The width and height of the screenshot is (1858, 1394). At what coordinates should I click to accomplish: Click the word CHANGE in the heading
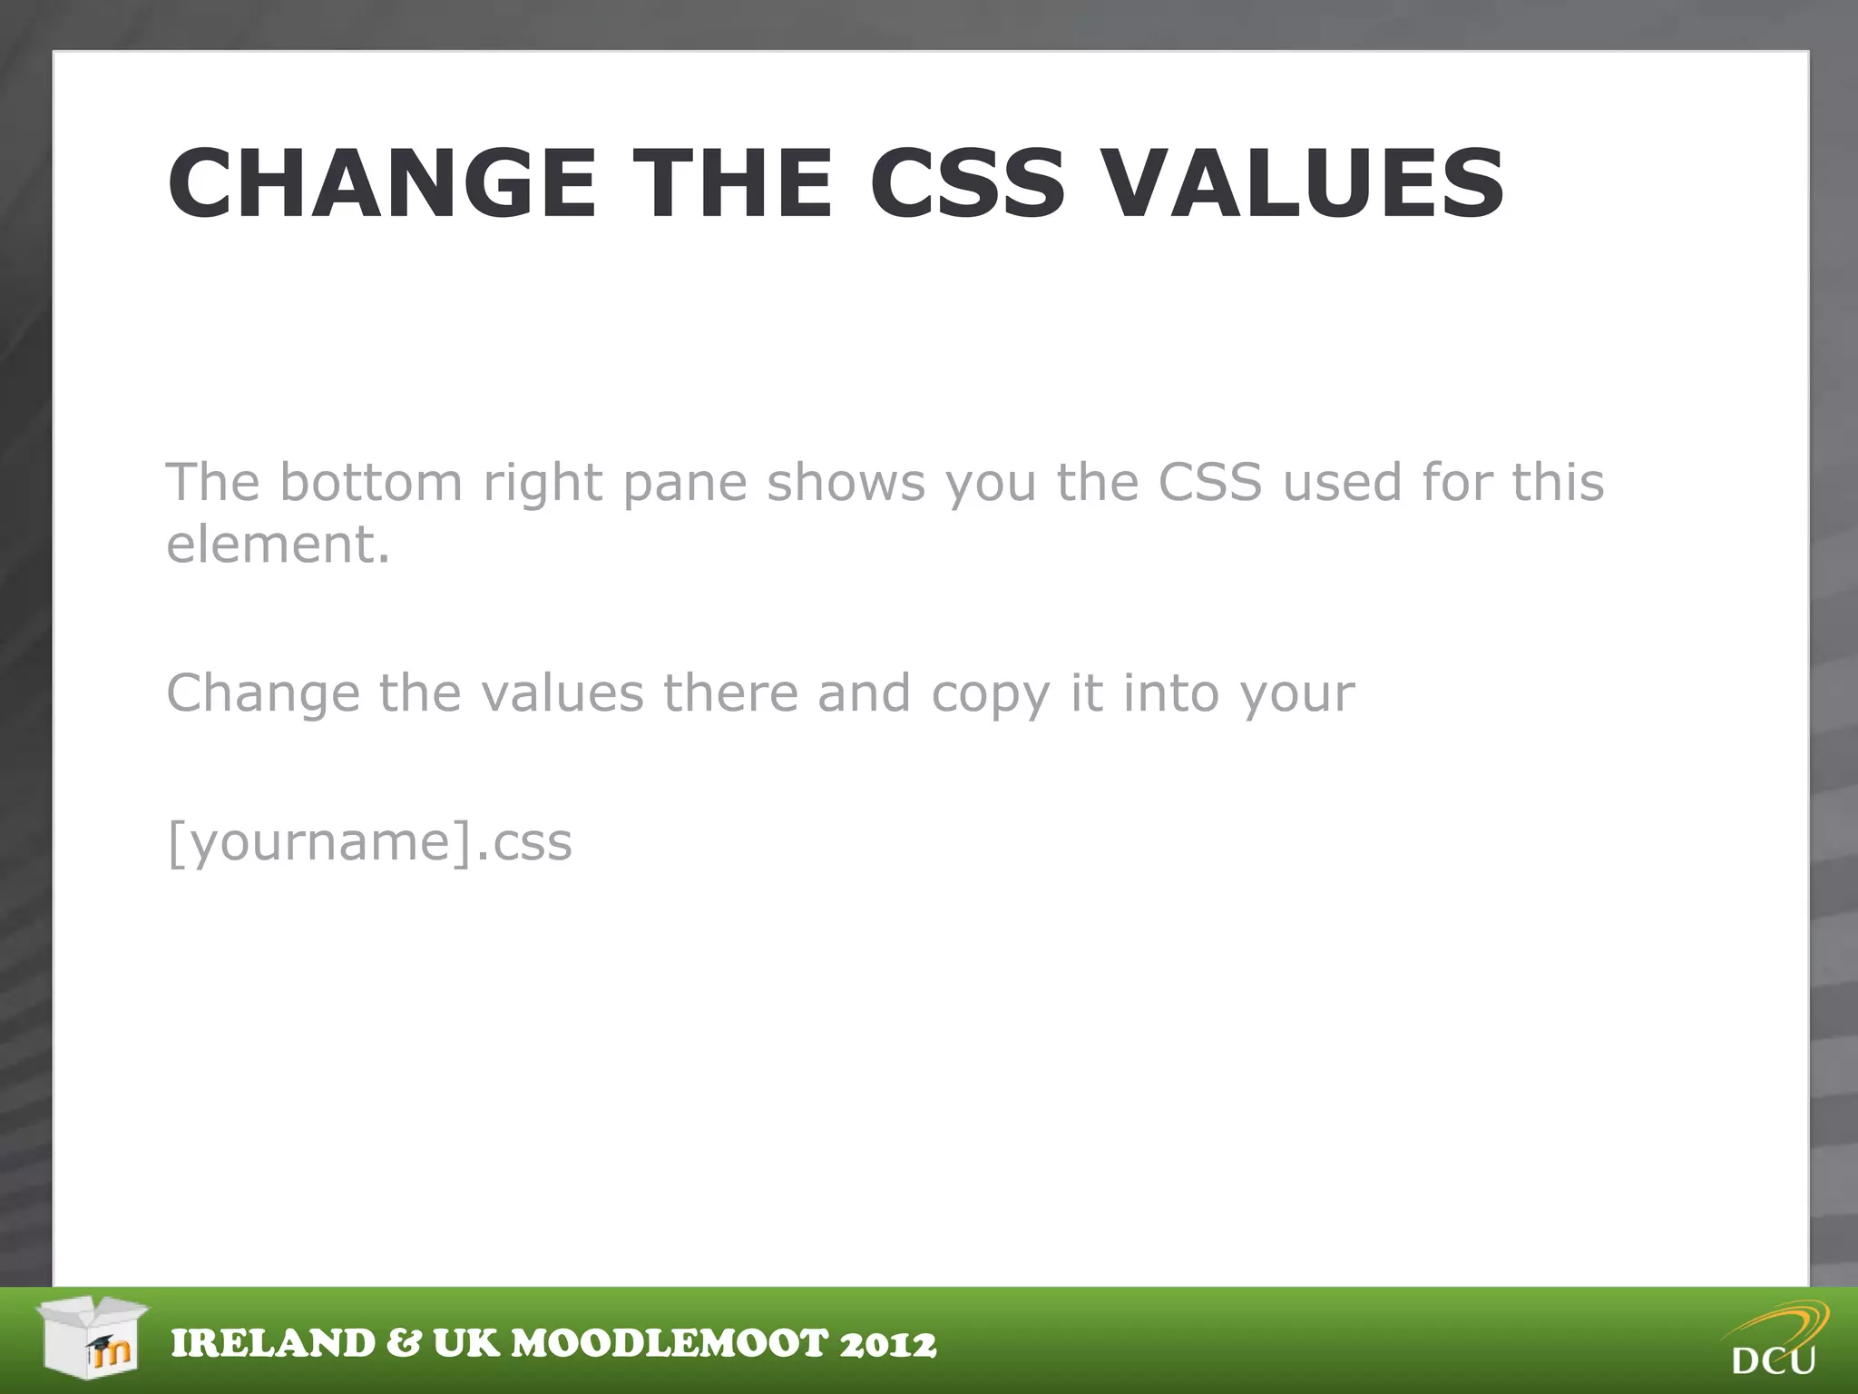point(381,184)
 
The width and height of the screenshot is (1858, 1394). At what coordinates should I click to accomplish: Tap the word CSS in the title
point(967,184)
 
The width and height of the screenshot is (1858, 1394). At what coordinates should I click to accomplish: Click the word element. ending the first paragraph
point(278,545)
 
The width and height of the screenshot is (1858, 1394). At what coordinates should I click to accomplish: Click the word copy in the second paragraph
point(991,695)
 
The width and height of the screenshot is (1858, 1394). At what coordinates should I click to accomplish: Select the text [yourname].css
point(369,842)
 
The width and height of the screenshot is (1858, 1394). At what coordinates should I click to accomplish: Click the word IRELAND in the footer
point(272,1344)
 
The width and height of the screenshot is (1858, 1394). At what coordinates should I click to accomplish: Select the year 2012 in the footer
point(887,1344)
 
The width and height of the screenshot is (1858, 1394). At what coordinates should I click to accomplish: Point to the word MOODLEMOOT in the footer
point(670,1344)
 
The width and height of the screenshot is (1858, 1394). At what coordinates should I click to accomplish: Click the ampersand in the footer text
point(403,1344)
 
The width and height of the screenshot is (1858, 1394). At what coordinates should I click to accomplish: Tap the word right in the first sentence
point(543,483)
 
